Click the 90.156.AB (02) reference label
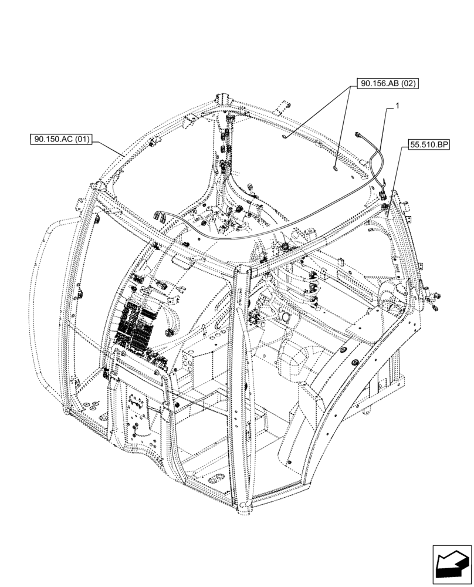[387, 83]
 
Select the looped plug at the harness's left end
[160, 217]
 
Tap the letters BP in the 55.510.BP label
[441, 143]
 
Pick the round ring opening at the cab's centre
[287, 317]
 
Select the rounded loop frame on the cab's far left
[49, 299]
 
